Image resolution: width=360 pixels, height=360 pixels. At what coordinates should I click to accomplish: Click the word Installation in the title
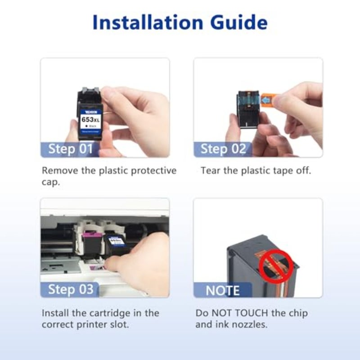pyautogui.click(x=148, y=22)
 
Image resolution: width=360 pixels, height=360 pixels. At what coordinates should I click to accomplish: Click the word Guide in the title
pyautogui.click(x=239, y=22)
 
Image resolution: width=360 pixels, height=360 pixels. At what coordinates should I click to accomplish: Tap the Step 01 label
pyautogui.click(x=70, y=149)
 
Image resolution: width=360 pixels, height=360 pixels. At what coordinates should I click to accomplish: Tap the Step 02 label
pyautogui.click(x=223, y=149)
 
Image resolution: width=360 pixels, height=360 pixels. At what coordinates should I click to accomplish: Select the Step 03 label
pyautogui.click(x=71, y=289)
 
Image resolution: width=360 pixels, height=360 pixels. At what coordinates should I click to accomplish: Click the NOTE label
pyautogui.click(x=222, y=291)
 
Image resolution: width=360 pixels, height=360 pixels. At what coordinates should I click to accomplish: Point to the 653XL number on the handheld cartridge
pyautogui.click(x=90, y=119)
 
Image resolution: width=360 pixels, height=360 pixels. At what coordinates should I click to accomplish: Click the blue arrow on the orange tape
pyautogui.click(x=265, y=100)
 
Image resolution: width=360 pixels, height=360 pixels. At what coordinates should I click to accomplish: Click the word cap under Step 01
pyautogui.click(x=50, y=183)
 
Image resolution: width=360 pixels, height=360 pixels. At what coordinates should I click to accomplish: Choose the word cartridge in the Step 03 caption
pyautogui.click(x=109, y=313)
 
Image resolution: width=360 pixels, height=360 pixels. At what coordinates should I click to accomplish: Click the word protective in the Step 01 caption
pyautogui.click(x=153, y=171)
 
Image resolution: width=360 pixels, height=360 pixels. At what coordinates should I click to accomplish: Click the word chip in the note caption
pyautogui.click(x=298, y=314)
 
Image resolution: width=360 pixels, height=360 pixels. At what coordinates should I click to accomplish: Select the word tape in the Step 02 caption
pyautogui.click(x=283, y=171)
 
